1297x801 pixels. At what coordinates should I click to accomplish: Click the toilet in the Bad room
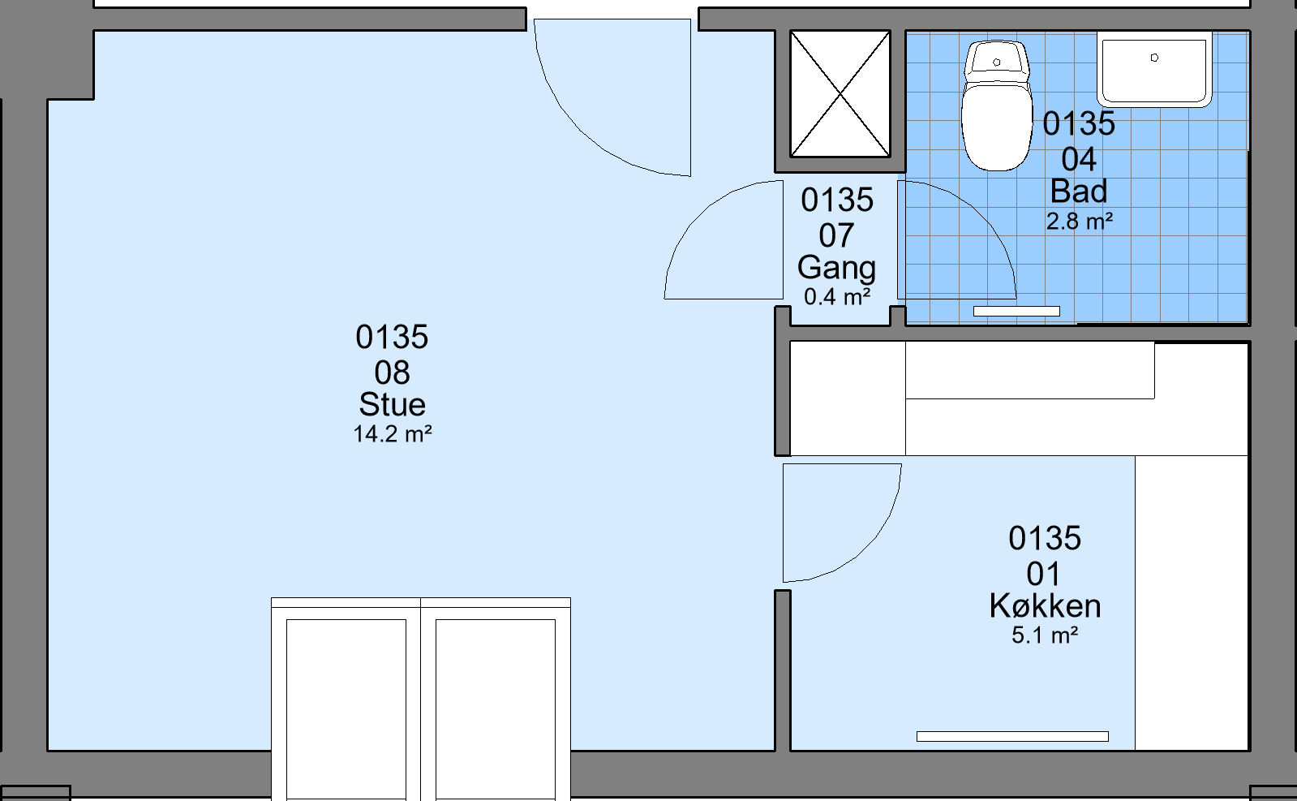click(x=997, y=106)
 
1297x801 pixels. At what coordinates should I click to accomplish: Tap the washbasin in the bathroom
click(x=1154, y=70)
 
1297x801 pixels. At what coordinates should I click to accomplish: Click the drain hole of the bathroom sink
click(x=1154, y=58)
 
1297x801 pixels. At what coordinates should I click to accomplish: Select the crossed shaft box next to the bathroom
click(x=840, y=94)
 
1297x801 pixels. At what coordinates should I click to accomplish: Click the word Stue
click(x=393, y=404)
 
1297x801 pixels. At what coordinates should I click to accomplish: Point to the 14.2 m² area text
click(x=393, y=434)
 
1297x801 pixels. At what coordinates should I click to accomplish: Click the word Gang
click(x=836, y=269)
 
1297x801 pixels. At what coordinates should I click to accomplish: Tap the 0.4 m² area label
click(x=837, y=296)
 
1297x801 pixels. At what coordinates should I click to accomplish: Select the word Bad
click(x=1079, y=192)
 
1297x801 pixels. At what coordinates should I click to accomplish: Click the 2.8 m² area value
click(x=1080, y=222)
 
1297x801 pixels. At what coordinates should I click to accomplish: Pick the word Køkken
click(x=1045, y=605)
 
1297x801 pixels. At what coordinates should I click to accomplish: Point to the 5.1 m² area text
click(x=1045, y=635)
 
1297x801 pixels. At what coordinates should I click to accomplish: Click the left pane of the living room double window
click(x=346, y=709)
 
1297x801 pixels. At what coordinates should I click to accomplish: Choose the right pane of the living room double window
click(x=496, y=709)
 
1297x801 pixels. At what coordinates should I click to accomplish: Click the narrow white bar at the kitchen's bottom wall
click(x=1013, y=736)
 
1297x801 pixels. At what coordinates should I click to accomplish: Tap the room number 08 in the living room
click(x=392, y=373)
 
